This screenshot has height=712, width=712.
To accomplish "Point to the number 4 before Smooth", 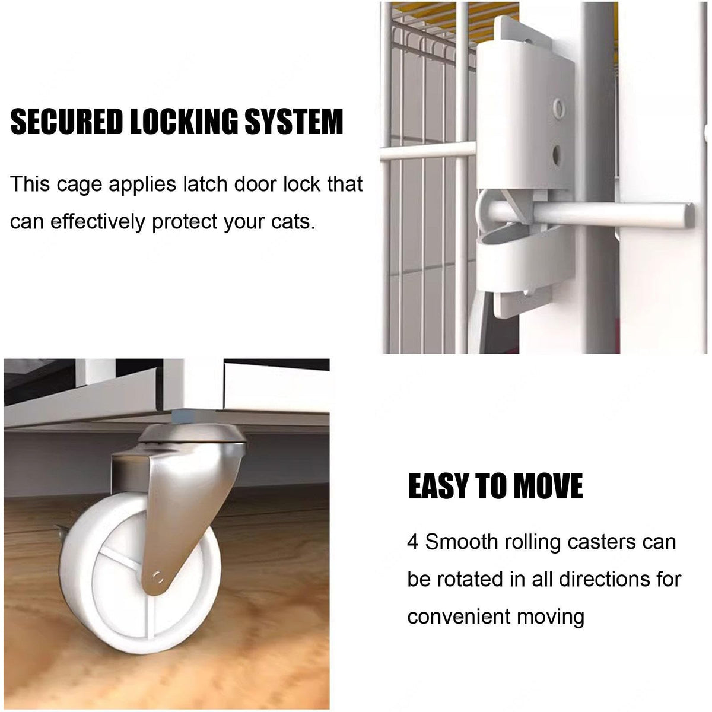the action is click(413, 542).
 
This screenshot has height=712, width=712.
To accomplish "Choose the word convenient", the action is click(458, 616).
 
